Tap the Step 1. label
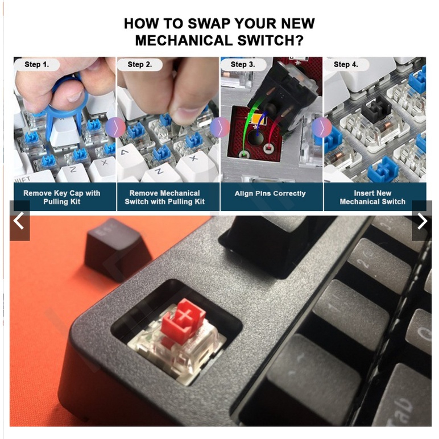[x=36, y=64]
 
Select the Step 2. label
[x=140, y=64]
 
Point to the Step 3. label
[x=243, y=64]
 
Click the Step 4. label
[x=346, y=64]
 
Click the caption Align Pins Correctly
[x=270, y=193]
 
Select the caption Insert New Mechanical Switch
[x=372, y=197]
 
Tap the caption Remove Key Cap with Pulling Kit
[x=62, y=197]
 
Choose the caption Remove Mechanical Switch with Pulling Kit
[x=165, y=197]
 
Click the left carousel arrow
[x=19, y=221]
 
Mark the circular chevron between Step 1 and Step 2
[x=115, y=128]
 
